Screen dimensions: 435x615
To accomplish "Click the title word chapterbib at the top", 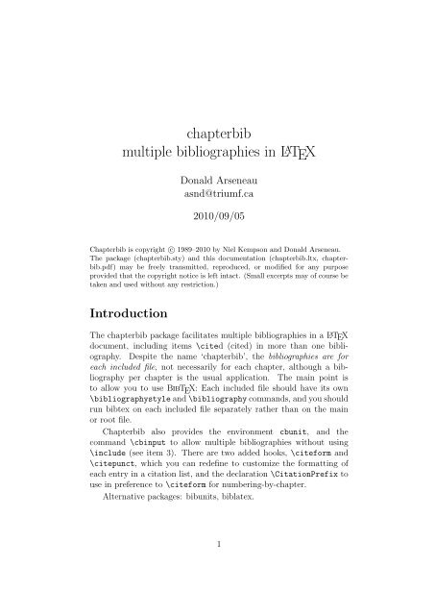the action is [217, 128].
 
